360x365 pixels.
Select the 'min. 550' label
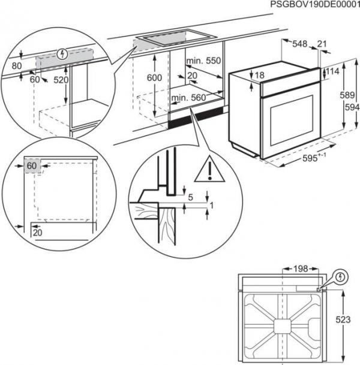(x=203, y=61)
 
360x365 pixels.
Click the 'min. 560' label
(x=187, y=97)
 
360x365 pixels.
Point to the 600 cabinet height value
(x=154, y=77)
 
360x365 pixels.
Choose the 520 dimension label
(x=60, y=79)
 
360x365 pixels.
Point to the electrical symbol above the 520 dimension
(x=60, y=53)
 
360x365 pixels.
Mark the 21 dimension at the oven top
(x=322, y=44)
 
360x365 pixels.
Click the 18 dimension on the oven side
(x=259, y=75)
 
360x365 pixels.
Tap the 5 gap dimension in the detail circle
(x=190, y=197)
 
